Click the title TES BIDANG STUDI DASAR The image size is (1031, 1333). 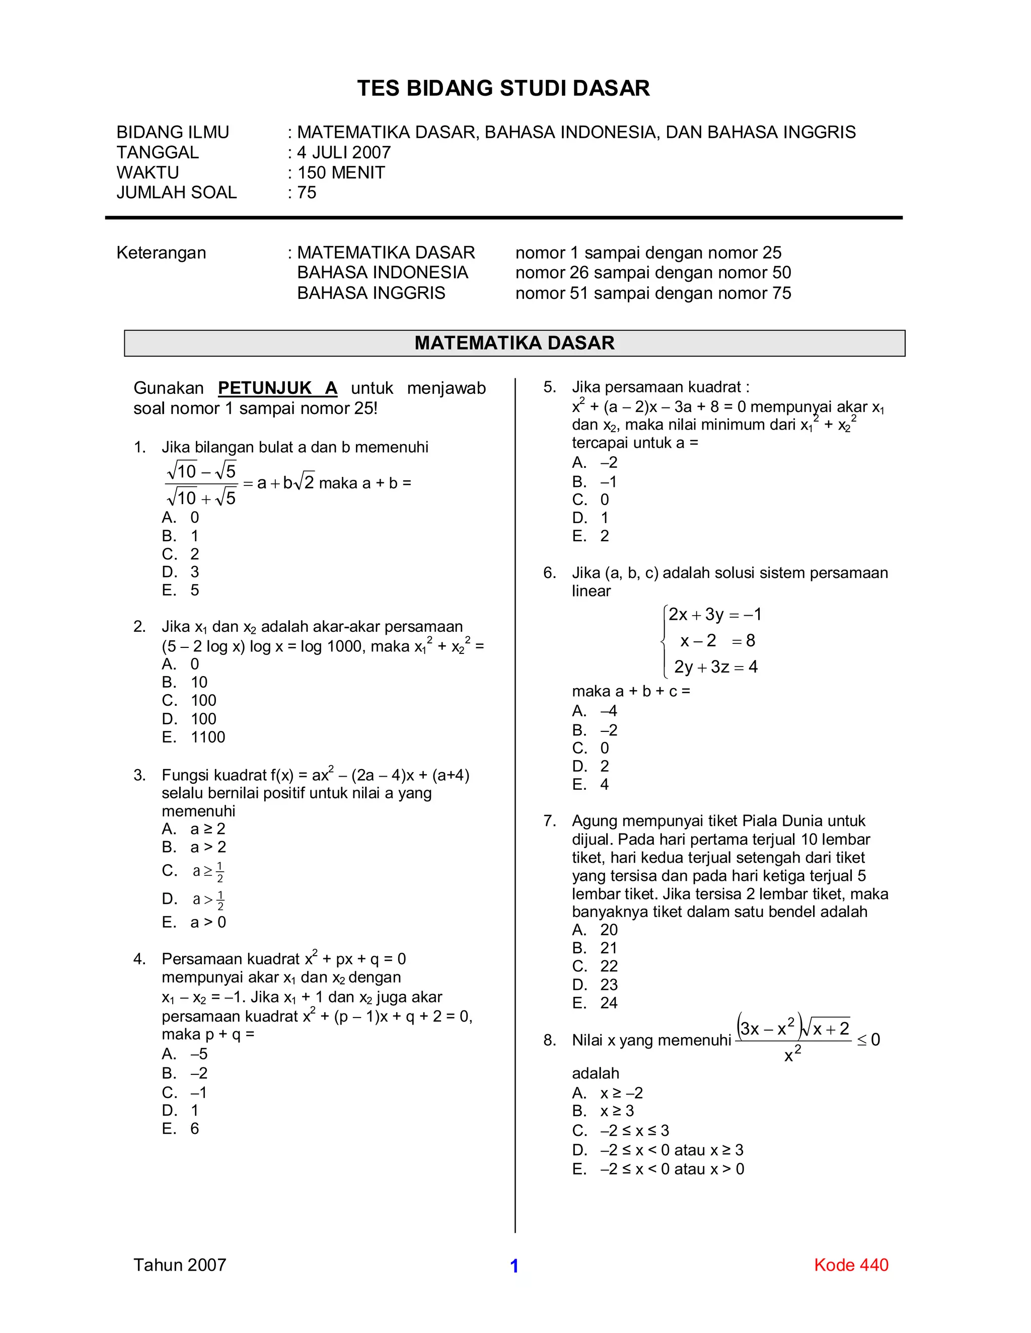tap(503, 89)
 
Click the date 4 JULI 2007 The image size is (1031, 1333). tap(344, 152)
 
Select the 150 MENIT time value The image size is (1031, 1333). tap(341, 173)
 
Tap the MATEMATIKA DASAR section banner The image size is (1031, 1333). tap(514, 343)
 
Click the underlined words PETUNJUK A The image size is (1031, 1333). tap(277, 388)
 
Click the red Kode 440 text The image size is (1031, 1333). tap(851, 1265)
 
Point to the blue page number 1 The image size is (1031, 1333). tap(514, 1266)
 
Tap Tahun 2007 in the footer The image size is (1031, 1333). tap(180, 1265)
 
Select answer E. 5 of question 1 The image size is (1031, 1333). tap(181, 590)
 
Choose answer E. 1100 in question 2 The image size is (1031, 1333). tap(194, 737)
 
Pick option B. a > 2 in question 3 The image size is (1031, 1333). tap(194, 847)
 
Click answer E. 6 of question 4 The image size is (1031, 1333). tap(181, 1129)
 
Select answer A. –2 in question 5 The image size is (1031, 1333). tap(595, 463)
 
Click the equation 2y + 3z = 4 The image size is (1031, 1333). tap(715, 667)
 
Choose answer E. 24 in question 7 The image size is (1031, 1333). tap(595, 1003)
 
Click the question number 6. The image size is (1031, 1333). tap(550, 573)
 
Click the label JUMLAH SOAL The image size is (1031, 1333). tap(177, 193)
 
